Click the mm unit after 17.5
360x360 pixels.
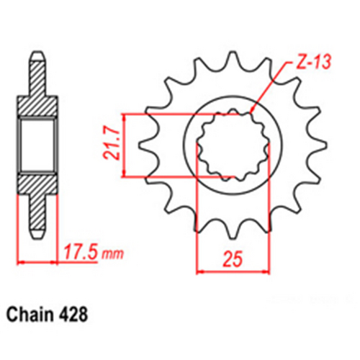(112, 255)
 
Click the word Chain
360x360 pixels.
(31, 315)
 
